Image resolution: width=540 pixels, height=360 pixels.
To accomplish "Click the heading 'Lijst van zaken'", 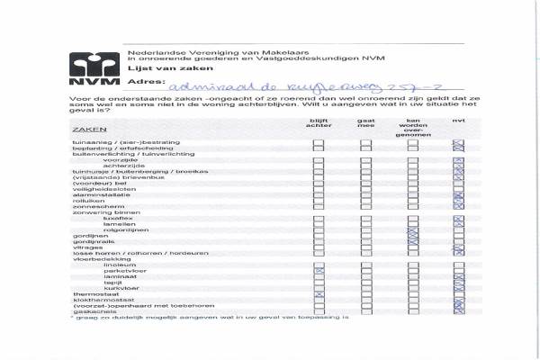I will click(156, 67).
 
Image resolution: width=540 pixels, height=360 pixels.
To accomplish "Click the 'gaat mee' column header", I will click(366, 125).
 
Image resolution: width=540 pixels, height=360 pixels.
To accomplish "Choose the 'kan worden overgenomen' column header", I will click(414, 128).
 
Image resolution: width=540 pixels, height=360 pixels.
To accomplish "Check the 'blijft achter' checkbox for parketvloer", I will click(319, 271).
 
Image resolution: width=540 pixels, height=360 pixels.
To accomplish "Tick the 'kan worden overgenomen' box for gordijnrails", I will click(413, 241).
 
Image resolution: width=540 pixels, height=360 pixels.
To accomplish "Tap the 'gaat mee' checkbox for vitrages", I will click(366, 247).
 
